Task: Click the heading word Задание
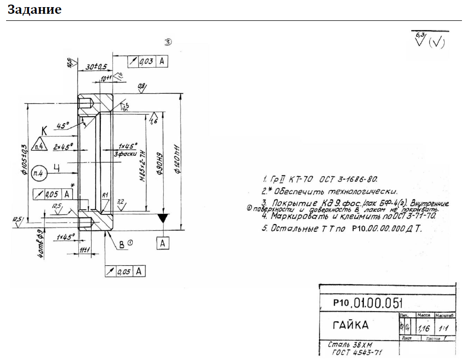pyautogui.click(x=35, y=9)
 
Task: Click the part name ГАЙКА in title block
pyautogui.click(x=351, y=325)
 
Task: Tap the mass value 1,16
pyautogui.click(x=423, y=328)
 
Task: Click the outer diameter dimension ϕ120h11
pyautogui.click(x=176, y=158)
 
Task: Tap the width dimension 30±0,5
pyautogui.click(x=96, y=67)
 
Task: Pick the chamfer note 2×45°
pyautogui.click(x=63, y=147)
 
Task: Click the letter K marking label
pyautogui.click(x=44, y=131)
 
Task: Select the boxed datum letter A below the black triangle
pyautogui.click(x=162, y=244)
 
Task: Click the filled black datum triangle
pyautogui.click(x=162, y=219)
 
